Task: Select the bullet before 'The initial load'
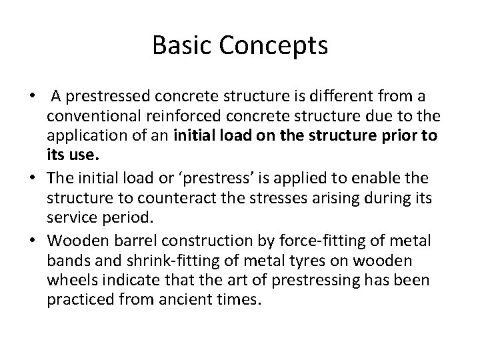32,178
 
